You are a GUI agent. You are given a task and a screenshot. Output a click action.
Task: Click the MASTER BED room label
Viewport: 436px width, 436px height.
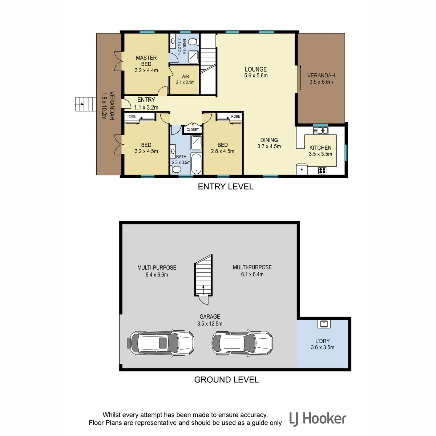coord(146,64)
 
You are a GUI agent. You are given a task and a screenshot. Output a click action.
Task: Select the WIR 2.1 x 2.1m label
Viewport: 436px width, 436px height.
coord(185,80)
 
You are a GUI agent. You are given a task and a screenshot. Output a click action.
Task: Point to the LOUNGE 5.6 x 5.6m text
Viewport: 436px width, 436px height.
coord(256,72)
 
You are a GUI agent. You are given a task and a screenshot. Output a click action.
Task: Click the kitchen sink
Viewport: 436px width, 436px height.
coord(320,130)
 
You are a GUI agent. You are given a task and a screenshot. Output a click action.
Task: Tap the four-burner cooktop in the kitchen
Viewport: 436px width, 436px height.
coord(322,171)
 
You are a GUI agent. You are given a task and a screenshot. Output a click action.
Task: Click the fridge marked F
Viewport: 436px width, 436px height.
coord(302,169)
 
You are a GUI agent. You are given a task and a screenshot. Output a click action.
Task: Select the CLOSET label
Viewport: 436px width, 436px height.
coord(193,130)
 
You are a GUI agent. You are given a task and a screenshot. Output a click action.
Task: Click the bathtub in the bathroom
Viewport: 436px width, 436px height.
coord(196,164)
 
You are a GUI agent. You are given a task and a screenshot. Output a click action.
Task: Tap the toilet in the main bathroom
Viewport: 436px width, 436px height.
coord(176,169)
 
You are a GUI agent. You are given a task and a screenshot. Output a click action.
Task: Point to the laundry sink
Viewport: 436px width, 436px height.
coord(324,324)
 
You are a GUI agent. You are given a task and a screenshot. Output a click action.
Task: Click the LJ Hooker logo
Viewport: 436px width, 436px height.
coord(318,419)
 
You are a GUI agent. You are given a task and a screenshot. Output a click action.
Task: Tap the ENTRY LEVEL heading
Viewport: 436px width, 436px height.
coord(225,187)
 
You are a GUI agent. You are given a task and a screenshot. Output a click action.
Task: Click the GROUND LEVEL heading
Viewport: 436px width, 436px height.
coord(226,380)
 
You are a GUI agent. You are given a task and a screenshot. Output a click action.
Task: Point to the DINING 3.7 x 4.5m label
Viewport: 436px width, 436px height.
coord(269,143)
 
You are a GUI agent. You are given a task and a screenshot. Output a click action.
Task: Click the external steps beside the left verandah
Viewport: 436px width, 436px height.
coord(85,104)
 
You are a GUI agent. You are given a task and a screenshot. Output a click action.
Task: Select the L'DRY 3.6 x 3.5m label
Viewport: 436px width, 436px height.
coord(322,344)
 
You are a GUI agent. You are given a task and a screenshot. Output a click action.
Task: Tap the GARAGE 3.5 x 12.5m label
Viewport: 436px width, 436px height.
coord(210,320)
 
